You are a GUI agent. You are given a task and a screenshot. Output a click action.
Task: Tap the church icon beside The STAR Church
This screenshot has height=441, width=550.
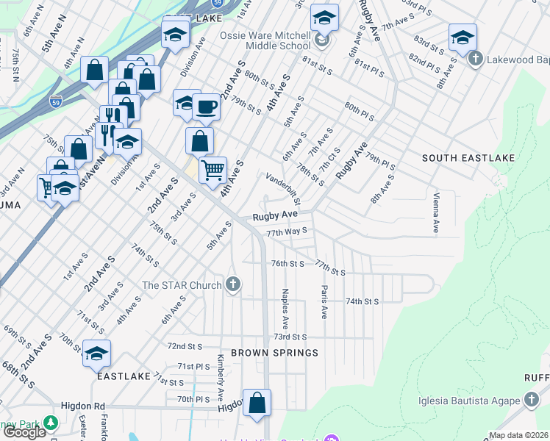click(233, 284)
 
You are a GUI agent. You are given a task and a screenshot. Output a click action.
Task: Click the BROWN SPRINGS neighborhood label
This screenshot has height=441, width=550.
click(274, 353)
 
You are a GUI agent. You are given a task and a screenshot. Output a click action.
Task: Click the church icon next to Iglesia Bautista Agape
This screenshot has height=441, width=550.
click(532, 401)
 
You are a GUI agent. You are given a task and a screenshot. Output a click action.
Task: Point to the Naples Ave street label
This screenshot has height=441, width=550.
click(285, 309)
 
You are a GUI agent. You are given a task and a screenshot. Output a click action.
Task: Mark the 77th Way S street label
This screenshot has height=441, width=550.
click(286, 231)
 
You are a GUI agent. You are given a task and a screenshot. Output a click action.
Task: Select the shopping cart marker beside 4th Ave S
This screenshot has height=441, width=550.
click(213, 170)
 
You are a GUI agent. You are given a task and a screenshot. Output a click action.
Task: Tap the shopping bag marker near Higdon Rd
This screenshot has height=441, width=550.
click(257, 403)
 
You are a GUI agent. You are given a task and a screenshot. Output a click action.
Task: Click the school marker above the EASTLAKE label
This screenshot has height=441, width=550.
click(96, 354)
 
